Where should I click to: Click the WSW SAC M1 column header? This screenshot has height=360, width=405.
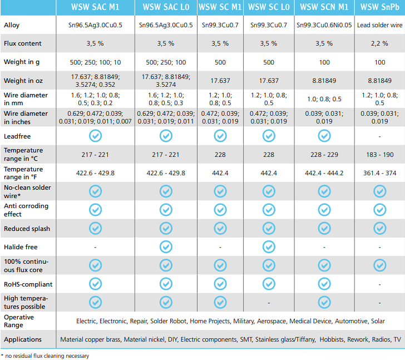point(95,7)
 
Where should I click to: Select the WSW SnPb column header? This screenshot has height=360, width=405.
point(380,7)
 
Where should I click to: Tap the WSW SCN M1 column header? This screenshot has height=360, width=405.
point(324,7)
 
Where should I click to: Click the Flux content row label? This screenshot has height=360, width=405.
point(23,43)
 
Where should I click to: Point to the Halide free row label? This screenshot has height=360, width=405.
point(21,246)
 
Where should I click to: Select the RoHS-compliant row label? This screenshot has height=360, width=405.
point(28,284)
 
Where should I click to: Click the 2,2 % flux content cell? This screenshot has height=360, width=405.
point(380,43)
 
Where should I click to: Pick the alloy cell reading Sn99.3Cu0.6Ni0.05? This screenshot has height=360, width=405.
point(324,26)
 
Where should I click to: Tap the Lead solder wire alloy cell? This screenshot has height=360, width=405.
point(380,26)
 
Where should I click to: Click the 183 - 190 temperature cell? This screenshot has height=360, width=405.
point(380,154)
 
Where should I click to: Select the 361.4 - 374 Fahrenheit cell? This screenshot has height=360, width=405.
point(380,173)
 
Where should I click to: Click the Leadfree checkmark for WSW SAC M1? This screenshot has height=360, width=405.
point(95,135)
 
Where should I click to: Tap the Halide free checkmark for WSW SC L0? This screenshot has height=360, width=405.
point(269,246)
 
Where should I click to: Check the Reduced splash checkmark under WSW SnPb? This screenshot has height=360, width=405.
point(380,228)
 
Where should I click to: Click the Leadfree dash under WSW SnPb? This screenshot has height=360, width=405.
point(380,136)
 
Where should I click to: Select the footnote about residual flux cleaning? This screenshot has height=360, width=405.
point(45,356)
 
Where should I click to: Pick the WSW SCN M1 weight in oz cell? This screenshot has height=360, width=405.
point(324,81)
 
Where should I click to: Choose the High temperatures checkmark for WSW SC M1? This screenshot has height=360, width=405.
point(220,303)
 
